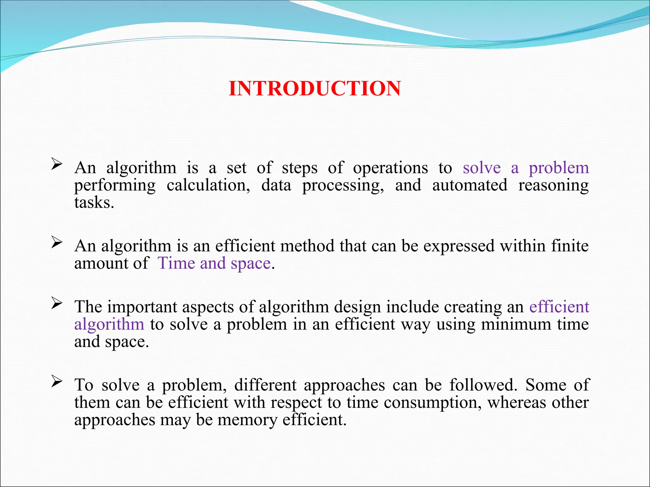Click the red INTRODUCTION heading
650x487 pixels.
pos(315,88)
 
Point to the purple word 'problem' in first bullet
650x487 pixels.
pos(559,168)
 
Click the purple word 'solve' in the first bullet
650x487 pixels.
pos(481,168)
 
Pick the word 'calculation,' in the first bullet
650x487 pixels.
pos(208,185)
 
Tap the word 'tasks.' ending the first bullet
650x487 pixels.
pos(94,203)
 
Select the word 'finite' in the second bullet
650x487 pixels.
pos(570,246)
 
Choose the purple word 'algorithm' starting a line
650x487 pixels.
pos(109,325)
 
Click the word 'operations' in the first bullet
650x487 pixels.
pos(390,168)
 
